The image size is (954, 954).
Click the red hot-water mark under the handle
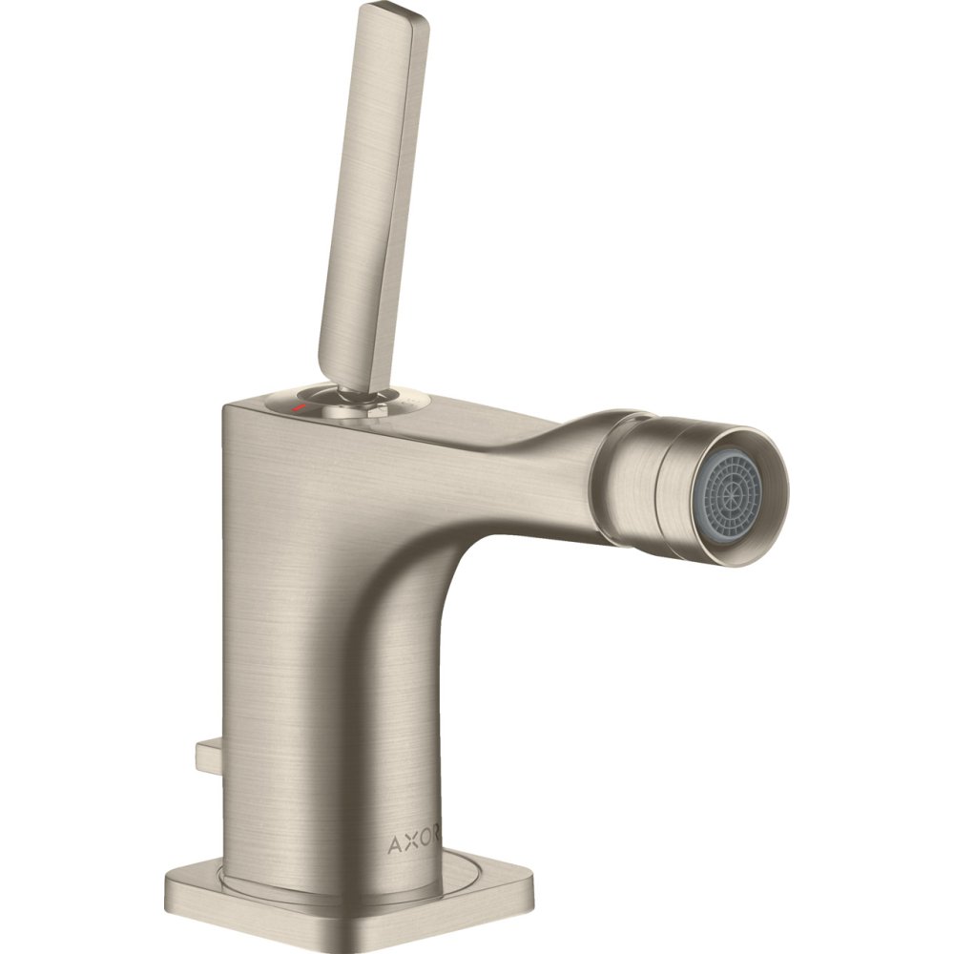(x=298, y=405)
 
